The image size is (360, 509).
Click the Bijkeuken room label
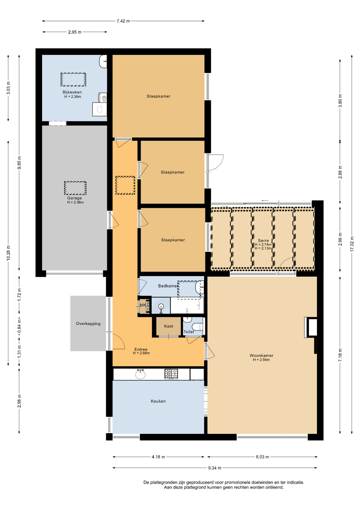pyautogui.click(x=72, y=92)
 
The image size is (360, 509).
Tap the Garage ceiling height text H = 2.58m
pyautogui.click(x=75, y=202)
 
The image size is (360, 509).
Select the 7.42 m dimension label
pyautogui.click(x=123, y=21)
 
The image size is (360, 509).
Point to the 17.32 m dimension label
pyautogui.click(x=352, y=244)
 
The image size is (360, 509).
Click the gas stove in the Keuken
pyautogui.click(x=171, y=374)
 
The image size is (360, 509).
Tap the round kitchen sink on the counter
pyautogui.click(x=140, y=374)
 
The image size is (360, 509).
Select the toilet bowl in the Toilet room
pyautogui.click(x=197, y=327)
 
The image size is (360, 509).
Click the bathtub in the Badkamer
pyautogui.click(x=187, y=305)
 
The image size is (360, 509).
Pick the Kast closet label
pyautogui.click(x=169, y=326)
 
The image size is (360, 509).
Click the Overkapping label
pyautogui.click(x=88, y=324)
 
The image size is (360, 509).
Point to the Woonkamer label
pyautogui.click(x=261, y=356)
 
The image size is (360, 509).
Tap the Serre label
pyautogui.click(x=263, y=240)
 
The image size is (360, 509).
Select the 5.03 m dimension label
pyautogui.click(x=262, y=457)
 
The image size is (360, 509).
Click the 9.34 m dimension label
pyautogui.click(x=215, y=468)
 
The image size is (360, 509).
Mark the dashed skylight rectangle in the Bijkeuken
pyautogui.click(x=73, y=80)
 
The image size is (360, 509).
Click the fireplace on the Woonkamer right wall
pyautogui.click(x=311, y=327)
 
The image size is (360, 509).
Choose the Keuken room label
pyautogui.click(x=158, y=401)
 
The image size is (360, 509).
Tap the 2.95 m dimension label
pyautogui.click(x=75, y=32)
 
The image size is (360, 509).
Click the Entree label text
pyautogui.click(x=141, y=349)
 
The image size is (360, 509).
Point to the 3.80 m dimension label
pyautogui.click(x=340, y=101)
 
